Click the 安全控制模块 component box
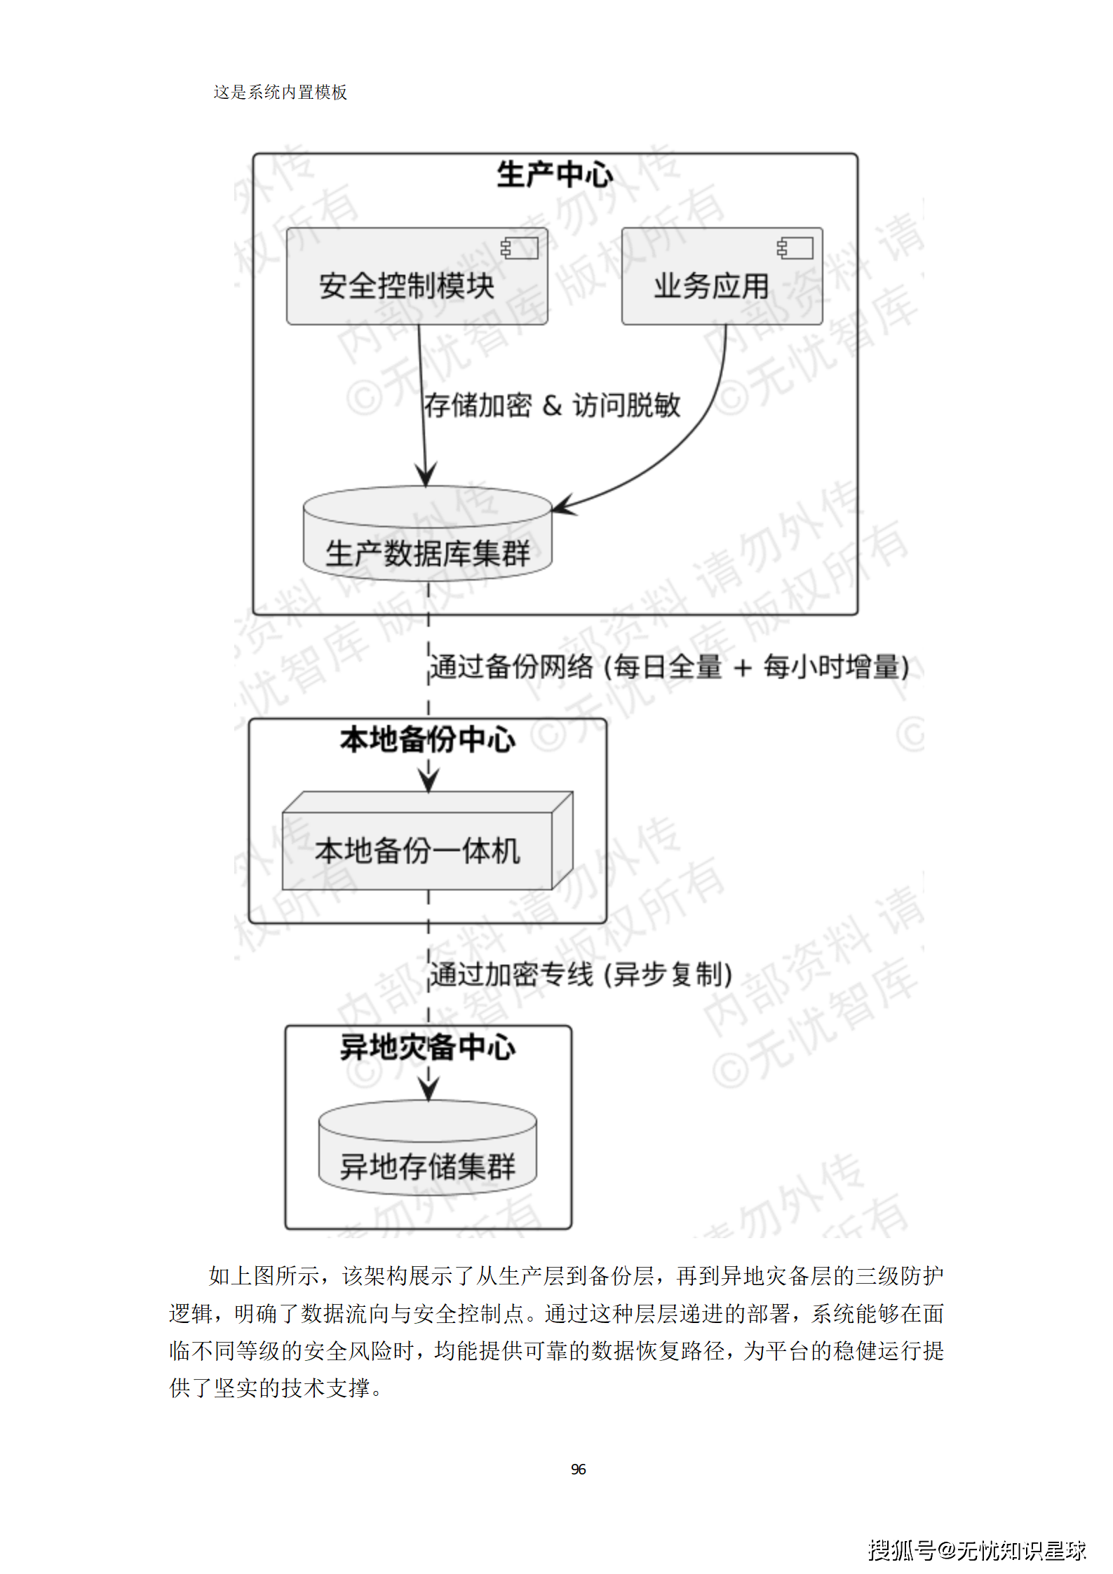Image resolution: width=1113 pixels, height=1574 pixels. tap(417, 276)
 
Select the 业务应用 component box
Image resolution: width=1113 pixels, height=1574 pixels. tap(721, 276)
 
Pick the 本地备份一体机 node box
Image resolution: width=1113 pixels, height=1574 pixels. tap(418, 850)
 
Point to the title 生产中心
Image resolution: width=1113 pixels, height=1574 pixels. tap(554, 175)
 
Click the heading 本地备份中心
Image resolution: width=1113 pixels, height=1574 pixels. tap(427, 740)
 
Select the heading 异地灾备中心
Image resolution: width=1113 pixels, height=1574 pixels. tap(427, 1047)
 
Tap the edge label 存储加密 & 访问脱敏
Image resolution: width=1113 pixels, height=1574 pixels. tap(552, 405)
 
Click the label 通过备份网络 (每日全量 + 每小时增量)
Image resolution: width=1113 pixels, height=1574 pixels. tap(668, 666)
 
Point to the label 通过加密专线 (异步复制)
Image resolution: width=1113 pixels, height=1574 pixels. tap(581, 974)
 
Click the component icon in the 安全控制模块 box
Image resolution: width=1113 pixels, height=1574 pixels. tap(520, 247)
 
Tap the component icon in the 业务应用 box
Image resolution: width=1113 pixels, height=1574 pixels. tap(795, 247)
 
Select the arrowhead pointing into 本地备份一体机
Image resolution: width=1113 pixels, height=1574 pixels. tap(429, 780)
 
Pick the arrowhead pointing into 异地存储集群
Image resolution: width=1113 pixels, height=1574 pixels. tap(429, 1088)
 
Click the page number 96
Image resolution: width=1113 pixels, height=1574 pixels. tap(578, 1469)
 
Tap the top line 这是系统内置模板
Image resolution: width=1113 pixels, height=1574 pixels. tap(280, 92)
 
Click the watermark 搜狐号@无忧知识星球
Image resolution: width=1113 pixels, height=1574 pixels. tap(976, 1549)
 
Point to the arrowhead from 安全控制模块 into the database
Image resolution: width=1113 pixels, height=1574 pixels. tap(426, 474)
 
